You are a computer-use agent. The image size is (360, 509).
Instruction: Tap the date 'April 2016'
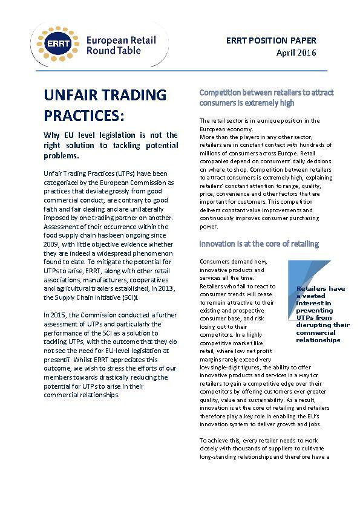pyautogui.click(x=296, y=53)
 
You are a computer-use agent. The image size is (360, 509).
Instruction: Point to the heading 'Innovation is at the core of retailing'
pyautogui.click(x=260, y=244)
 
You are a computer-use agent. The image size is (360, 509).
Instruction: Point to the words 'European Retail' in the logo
pyautogui.click(x=121, y=41)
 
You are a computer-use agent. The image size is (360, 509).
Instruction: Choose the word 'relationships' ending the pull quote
pyautogui.click(x=318, y=340)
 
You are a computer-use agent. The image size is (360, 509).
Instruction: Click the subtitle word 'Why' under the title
pyautogui.click(x=53, y=135)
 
